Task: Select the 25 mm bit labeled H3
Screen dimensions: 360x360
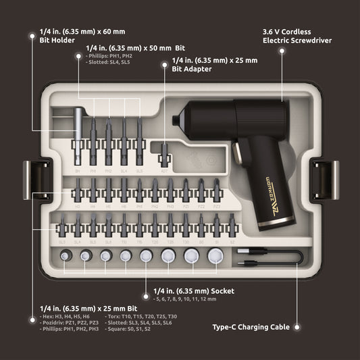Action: [x=76, y=193]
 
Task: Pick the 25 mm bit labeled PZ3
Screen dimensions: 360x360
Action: [x=216, y=193]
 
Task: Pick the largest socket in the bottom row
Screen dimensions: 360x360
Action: [x=215, y=255]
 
